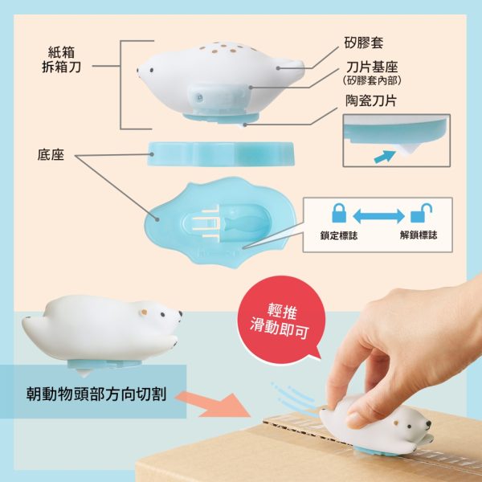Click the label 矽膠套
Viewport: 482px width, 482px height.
tap(363, 43)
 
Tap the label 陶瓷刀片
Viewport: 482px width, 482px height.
tap(371, 100)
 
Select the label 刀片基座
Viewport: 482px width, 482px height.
tap(372, 67)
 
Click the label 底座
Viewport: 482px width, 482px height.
tap(51, 154)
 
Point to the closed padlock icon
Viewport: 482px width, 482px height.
tap(339, 213)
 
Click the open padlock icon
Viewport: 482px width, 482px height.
tap(421, 213)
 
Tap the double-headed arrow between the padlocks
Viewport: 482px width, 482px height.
tap(378, 216)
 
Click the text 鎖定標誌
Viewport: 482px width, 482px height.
tap(339, 235)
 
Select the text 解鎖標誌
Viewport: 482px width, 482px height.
tap(419, 235)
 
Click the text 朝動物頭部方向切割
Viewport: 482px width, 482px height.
tap(96, 394)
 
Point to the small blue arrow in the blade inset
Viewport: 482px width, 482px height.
tap(384, 156)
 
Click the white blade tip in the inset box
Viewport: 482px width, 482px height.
tap(406, 149)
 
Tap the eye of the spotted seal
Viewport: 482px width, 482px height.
tap(152, 70)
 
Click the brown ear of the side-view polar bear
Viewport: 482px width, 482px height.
tap(144, 312)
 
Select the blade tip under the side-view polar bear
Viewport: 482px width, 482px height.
tap(84, 373)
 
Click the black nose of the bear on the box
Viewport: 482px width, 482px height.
tap(428, 424)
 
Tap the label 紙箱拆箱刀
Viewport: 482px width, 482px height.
tap(62, 59)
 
